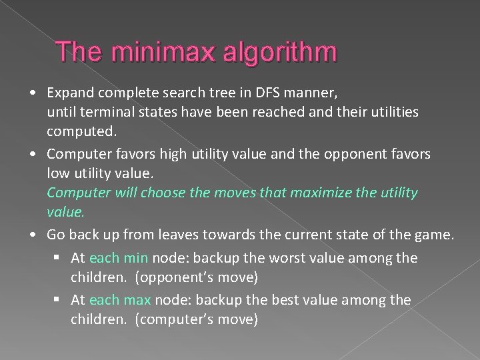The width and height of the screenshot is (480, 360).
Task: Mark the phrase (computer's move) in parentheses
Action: (196, 319)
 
